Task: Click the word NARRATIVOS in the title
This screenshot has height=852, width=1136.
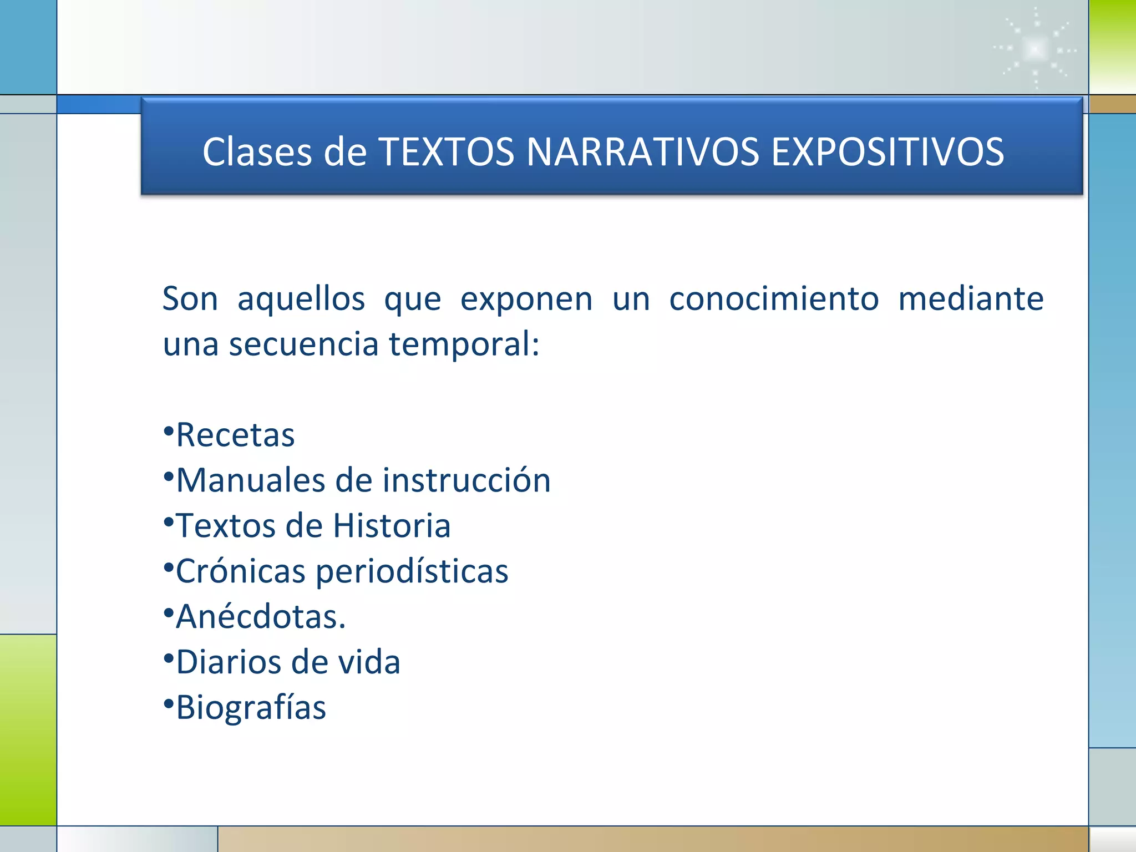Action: click(x=642, y=152)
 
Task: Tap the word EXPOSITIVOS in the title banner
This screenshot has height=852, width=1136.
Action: click(x=887, y=152)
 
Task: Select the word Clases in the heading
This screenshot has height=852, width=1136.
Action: click(x=257, y=152)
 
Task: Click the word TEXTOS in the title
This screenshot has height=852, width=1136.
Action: click(x=446, y=152)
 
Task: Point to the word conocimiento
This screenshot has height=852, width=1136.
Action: click(x=774, y=299)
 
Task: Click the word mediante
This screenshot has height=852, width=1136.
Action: click(x=971, y=299)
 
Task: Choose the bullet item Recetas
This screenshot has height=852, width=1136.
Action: click(x=235, y=435)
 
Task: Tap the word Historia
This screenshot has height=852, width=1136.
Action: click(x=392, y=526)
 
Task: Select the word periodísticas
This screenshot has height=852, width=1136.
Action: click(x=412, y=572)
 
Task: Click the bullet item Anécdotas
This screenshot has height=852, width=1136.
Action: click(x=260, y=616)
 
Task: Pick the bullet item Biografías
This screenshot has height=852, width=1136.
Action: click(x=251, y=708)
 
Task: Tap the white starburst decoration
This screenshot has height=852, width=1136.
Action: click(x=1035, y=49)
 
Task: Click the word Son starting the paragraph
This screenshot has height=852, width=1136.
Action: click(x=190, y=299)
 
